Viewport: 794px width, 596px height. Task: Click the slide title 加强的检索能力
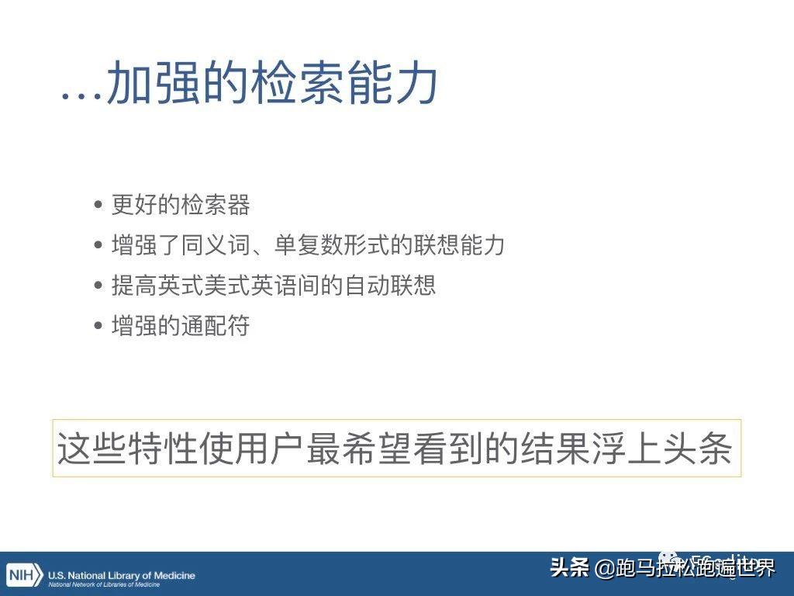pyautogui.click(x=272, y=84)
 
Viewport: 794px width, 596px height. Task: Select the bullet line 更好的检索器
pyautogui.click(x=181, y=205)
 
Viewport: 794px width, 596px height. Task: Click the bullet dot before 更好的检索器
pyautogui.click(x=98, y=206)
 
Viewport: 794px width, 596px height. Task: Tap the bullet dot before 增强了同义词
pyautogui.click(x=98, y=246)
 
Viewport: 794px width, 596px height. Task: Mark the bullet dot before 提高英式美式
pyautogui.click(x=98, y=286)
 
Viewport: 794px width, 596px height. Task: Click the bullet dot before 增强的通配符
pyautogui.click(x=98, y=327)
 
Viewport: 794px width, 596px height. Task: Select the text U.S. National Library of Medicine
pyautogui.click(x=122, y=575)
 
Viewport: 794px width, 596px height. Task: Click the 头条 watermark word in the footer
pyautogui.click(x=570, y=569)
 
